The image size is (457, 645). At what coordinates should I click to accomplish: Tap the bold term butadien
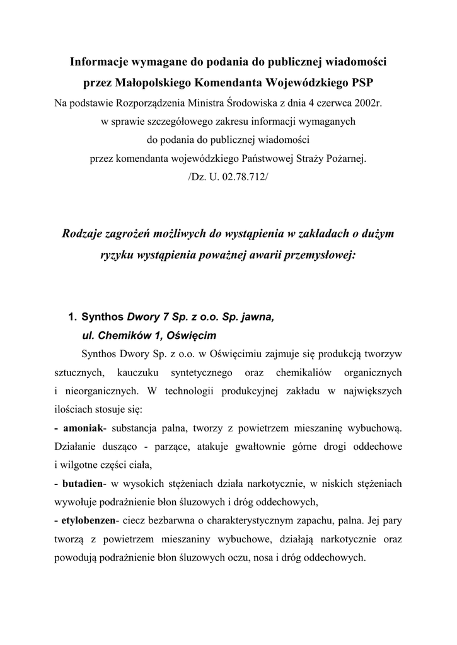[83, 484]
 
